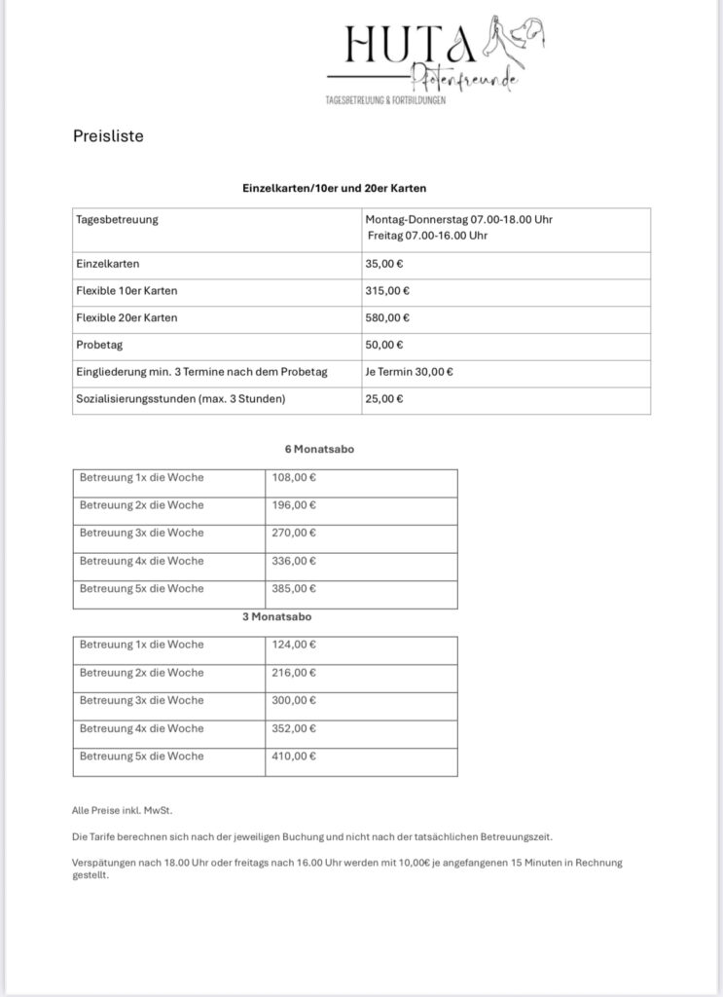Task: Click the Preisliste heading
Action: (108, 136)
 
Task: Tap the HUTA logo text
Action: (409, 44)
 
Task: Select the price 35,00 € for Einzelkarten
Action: (386, 263)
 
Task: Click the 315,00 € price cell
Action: (389, 290)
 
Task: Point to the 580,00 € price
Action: (389, 317)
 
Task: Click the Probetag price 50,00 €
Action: (386, 345)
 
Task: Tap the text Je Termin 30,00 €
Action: (410, 372)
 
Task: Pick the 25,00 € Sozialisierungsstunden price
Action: (386, 399)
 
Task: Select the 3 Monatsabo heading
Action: (277, 616)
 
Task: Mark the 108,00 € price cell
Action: (295, 477)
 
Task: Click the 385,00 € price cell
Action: (295, 588)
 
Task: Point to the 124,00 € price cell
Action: (295, 645)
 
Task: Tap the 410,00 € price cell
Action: (295, 756)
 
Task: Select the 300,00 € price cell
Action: (295, 700)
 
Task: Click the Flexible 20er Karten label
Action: (127, 317)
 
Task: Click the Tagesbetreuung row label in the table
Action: (117, 219)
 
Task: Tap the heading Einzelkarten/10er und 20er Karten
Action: (335, 187)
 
